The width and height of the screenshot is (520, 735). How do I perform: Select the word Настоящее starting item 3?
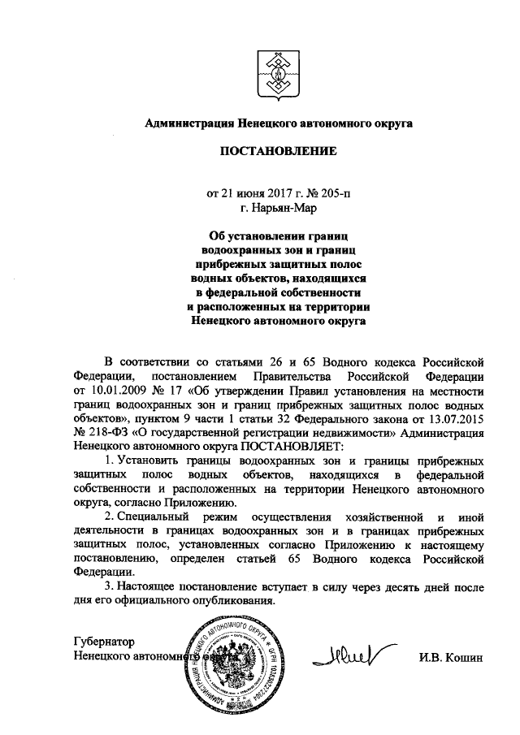click(x=148, y=588)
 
